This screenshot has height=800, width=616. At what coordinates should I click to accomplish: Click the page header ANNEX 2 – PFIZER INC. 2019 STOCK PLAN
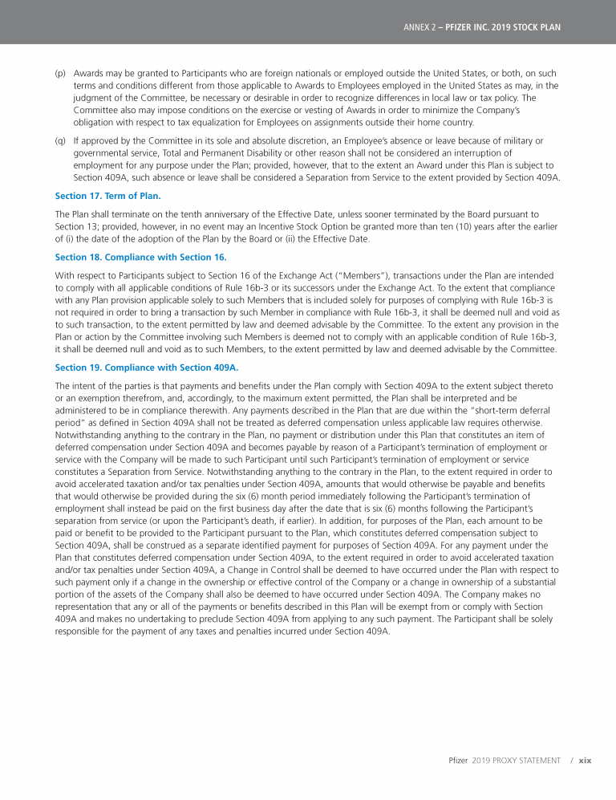click(481, 26)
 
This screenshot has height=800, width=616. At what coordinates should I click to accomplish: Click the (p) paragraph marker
click(60, 72)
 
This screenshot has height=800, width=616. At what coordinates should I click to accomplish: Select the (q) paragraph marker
click(60, 140)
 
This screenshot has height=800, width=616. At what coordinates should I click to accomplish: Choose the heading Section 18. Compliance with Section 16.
click(140, 257)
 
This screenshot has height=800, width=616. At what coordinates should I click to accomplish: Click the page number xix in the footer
click(585, 759)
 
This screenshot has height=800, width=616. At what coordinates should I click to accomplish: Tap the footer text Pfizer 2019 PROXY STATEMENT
click(503, 759)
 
